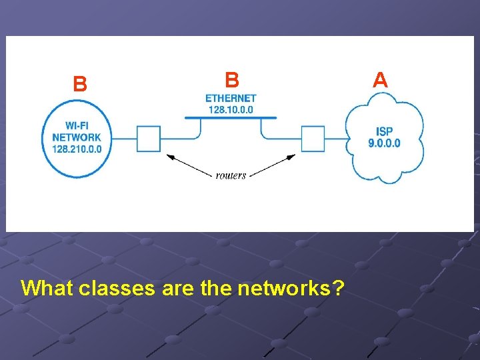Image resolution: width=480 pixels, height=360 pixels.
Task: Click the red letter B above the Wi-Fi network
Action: point(80,84)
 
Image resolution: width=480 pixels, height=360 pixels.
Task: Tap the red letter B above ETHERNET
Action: point(231,80)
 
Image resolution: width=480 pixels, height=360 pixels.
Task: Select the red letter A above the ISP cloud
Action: point(380,80)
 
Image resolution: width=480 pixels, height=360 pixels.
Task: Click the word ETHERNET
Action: point(231,99)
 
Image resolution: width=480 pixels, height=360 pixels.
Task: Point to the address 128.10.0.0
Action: point(231,109)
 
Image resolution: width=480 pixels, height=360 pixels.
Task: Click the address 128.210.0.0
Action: point(77,149)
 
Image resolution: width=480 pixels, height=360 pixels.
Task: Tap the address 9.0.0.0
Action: point(385,143)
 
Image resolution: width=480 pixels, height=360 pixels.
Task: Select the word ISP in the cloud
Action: point(385,131)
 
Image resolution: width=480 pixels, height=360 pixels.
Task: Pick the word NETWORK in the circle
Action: point(77,138)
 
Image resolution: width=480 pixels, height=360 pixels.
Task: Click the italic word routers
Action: point(231,175)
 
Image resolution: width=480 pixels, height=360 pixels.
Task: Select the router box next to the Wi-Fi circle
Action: point(149,139)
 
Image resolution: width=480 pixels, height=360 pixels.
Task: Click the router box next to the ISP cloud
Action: point(313,139)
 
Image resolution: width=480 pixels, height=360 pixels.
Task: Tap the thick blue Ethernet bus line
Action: point(231,118)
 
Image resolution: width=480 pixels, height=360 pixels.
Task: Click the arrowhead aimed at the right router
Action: point(292,157)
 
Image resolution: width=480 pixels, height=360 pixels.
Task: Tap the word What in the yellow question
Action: point(47,288)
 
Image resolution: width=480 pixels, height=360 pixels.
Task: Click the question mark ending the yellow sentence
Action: point(339,288)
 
